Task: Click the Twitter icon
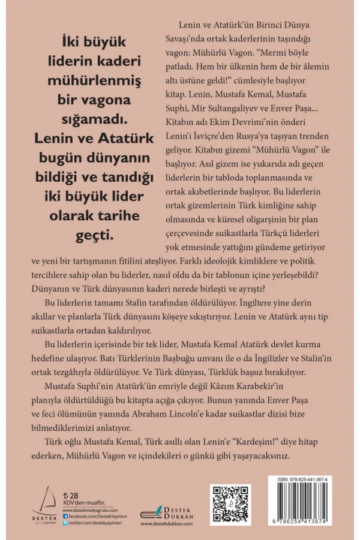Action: tap(64, 524)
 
